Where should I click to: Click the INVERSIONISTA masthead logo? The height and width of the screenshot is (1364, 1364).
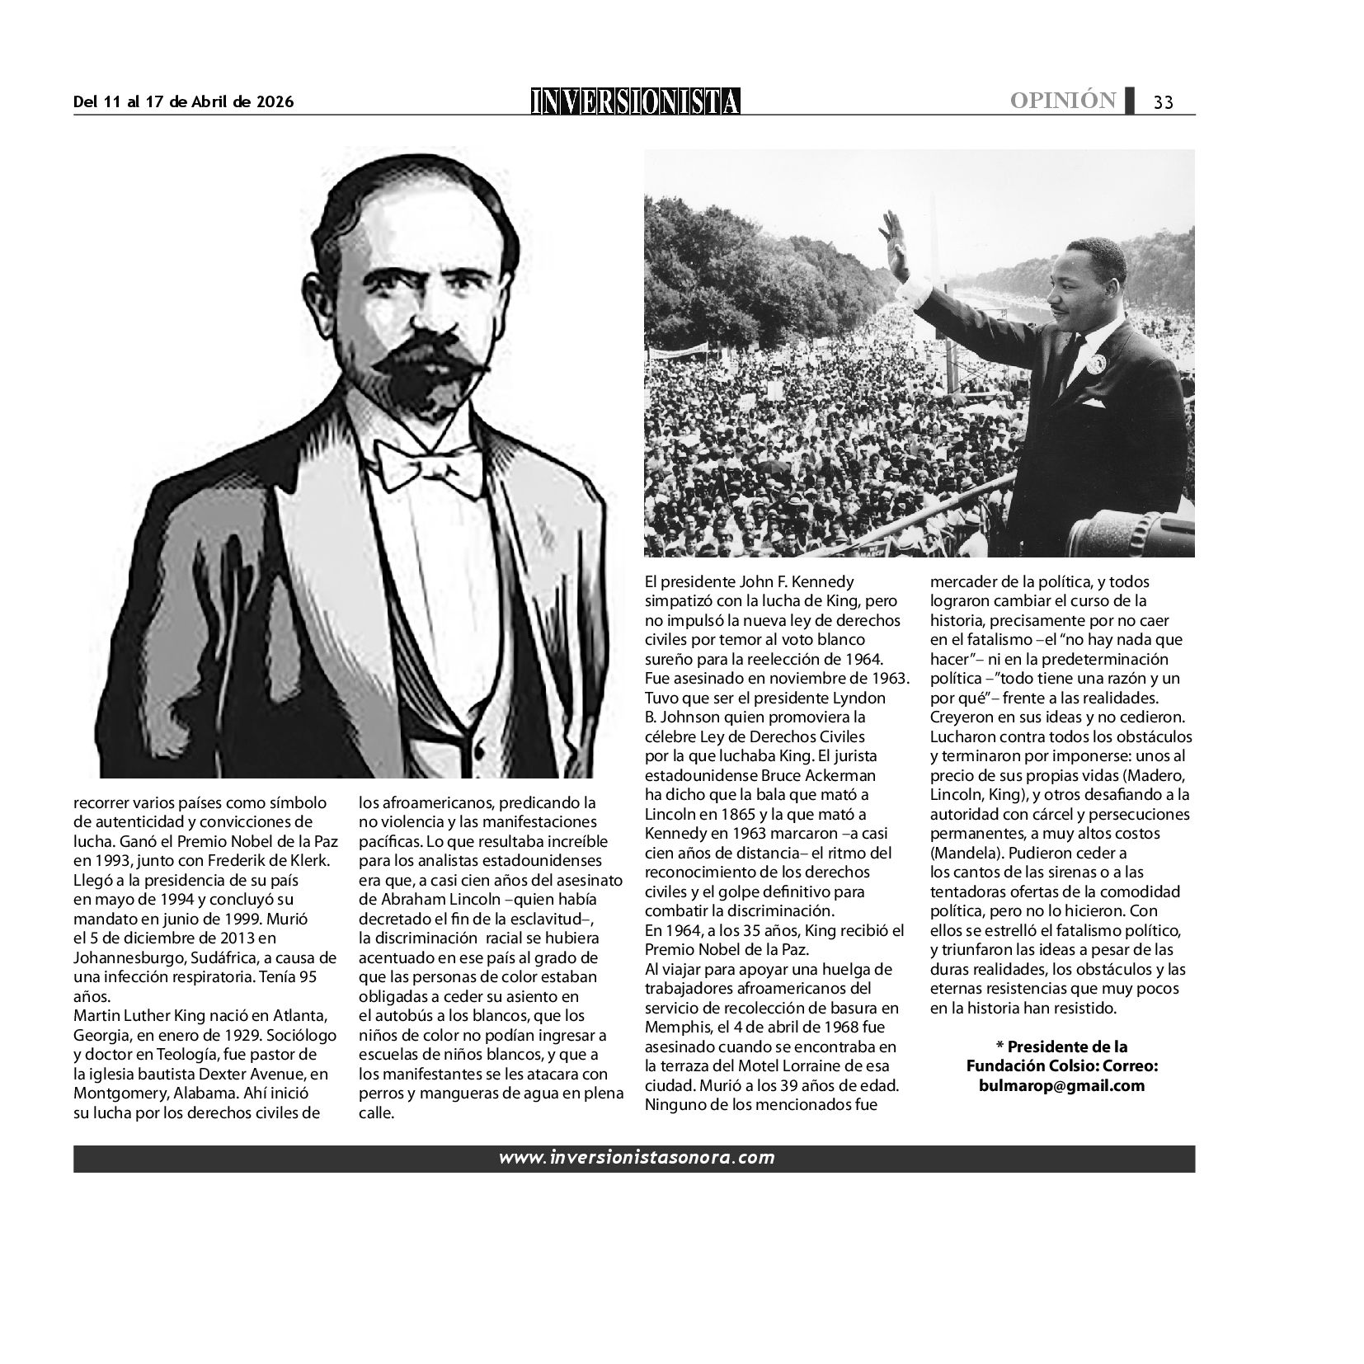point(635,101)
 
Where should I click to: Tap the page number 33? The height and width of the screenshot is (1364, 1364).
point(1163,102)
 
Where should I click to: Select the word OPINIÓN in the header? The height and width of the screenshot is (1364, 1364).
point(1063,101)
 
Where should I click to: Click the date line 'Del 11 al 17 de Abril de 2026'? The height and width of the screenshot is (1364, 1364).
point(183,102)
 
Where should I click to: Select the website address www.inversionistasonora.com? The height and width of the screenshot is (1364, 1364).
point(636,1158)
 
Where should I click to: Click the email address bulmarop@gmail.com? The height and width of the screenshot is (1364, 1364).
point(1062,1085)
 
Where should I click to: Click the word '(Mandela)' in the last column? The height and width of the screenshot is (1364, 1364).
point(961,853)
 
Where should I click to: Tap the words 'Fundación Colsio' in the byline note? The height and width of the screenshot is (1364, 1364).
point(1022,1066)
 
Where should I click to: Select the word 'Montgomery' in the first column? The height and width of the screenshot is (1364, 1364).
point(120,1094)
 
